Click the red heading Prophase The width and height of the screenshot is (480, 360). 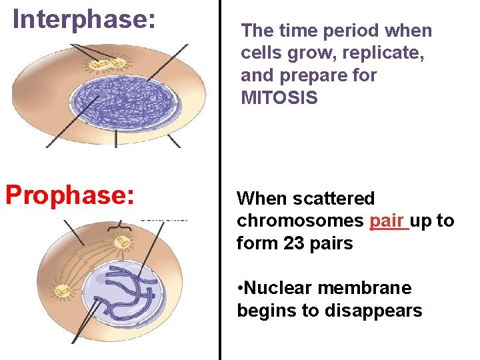(70, 195)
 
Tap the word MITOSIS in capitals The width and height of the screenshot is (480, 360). (279, 98)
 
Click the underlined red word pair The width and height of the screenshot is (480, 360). (388, 221)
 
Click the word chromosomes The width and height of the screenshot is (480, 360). (300, 221)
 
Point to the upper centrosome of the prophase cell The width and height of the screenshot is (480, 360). (122, 243)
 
